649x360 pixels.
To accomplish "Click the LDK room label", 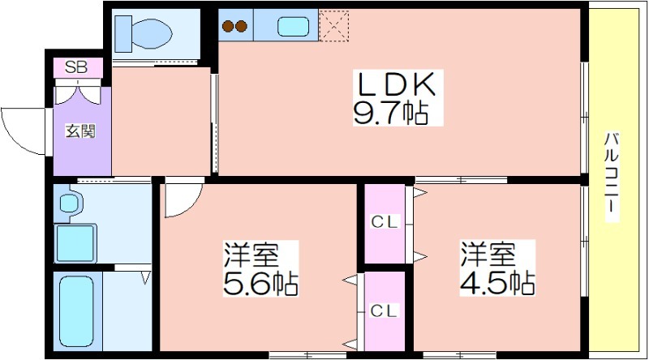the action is tap(397, 84).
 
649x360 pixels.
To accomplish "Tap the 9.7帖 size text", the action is tap(390, 113).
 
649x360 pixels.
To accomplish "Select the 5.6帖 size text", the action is tap(260, 284).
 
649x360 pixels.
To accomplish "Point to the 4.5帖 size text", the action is tap(497, 283).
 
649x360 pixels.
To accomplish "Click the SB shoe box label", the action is tap(76, 67).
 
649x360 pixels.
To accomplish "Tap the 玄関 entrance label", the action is tap(80, 131).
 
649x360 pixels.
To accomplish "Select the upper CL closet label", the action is tap(384, 222).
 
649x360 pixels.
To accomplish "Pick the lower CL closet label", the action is tap(384, 311).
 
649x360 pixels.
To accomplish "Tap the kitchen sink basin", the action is tap(293, 27).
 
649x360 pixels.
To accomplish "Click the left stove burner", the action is tap(228, 27).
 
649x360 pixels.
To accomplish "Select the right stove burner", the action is tap(241, 27).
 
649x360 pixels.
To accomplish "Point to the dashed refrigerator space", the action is tap(333, 26).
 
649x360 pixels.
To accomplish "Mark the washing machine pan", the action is tap(75, 243).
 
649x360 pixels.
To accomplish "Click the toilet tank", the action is tap(123, 34).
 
